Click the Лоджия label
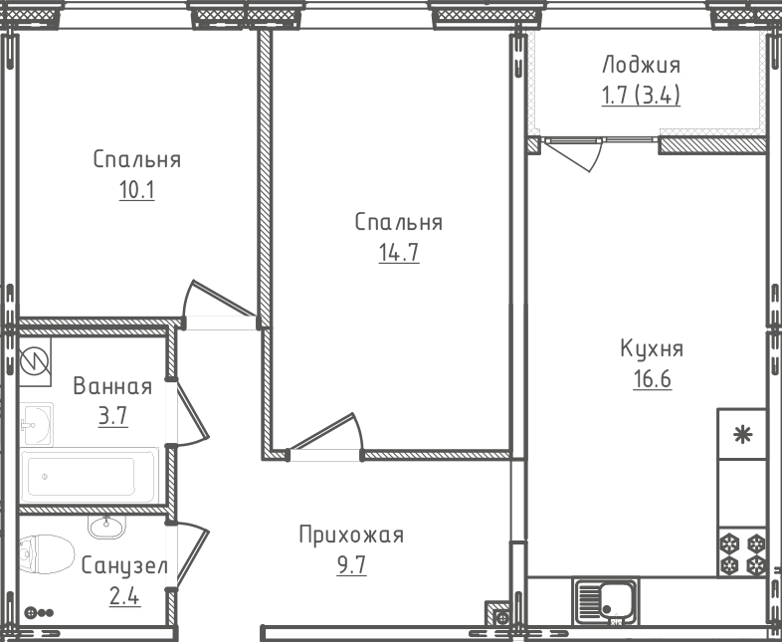[641, 66]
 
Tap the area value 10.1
[136, 190]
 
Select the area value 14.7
[399, 253]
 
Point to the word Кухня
[652, 348]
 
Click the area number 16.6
[653, 379]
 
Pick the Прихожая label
[351, 535]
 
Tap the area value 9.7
[351, 565]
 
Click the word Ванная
[112, 386]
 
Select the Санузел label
[124, 565]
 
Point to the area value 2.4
[124, 596]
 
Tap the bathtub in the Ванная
[90, 476]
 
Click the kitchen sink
[607, 602]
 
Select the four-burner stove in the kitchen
[742, 554]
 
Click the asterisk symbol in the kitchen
[742, 435]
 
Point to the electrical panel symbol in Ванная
[35, 361]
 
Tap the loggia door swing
[574, 155]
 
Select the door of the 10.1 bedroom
[220, 300]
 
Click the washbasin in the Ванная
[36, 424]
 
